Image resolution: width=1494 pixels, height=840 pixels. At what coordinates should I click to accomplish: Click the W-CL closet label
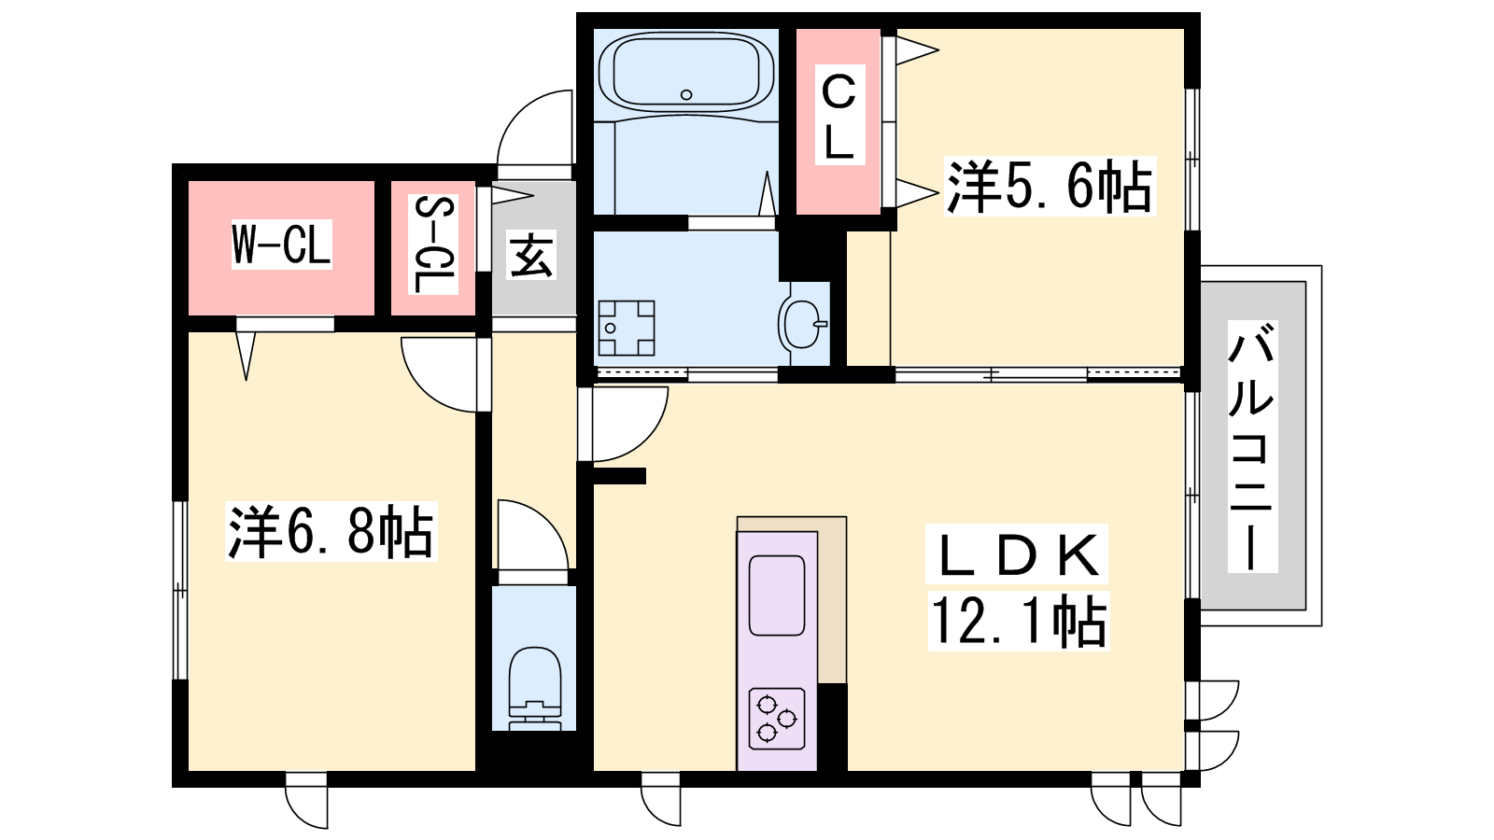coord(281,244)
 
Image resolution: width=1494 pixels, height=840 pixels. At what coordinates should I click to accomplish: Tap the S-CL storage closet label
coord(433,244)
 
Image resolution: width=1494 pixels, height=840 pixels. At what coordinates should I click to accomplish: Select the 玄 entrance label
coord(531,255)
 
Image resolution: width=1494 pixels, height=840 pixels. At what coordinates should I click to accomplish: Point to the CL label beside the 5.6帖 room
coord(839,115)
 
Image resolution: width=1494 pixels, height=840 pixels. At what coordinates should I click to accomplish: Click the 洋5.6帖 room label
coord(1050,186)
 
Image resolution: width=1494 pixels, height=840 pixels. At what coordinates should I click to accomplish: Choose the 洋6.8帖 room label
coord(331,531)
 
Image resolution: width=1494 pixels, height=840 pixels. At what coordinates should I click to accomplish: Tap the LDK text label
coord(1017,554)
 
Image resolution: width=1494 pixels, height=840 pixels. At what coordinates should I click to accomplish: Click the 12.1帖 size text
coord(1019,621)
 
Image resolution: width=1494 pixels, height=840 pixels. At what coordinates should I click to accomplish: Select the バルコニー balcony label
coord(1252,447)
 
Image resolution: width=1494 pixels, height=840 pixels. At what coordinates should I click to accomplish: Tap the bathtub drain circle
coord(686,94)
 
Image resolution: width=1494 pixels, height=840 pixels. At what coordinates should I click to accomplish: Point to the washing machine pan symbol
coord(627,328)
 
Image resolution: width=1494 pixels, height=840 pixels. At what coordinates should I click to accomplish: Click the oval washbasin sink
coord(802,324)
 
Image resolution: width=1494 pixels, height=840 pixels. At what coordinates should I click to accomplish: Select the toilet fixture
coord(534,688)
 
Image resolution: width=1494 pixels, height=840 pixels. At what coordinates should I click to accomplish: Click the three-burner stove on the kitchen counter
coord(776,719)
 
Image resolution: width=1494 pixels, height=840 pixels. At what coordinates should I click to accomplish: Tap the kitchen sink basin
coord(776,595)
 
